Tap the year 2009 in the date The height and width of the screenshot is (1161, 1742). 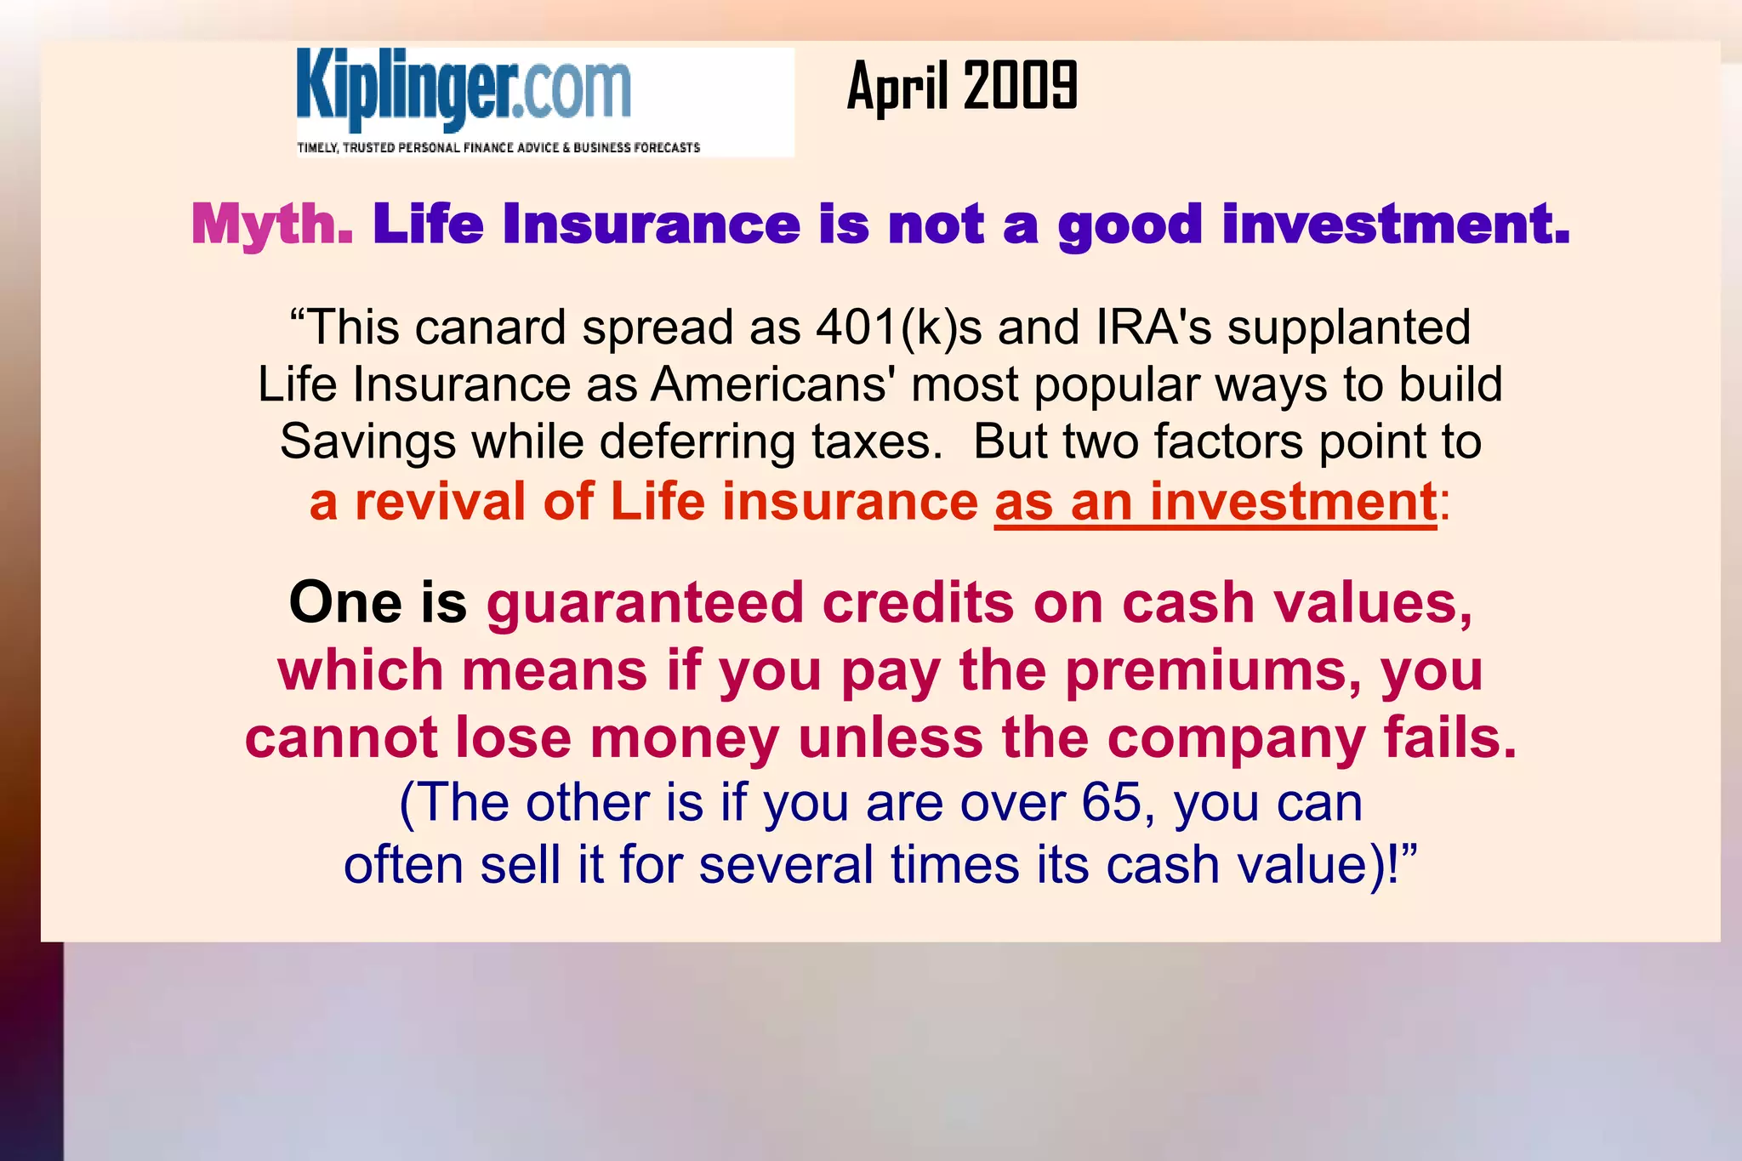(x=1022, y=86)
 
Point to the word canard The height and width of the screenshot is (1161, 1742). (x=490, y=327)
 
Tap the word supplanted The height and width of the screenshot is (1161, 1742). (x=1349, y=327)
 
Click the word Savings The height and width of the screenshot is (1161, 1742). (x=367, y=441)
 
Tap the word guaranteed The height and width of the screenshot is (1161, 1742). (x=645, y=603)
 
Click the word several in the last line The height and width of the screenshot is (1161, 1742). (x=787, y=865)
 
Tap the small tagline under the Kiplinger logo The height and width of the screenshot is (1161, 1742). (x=498, y=148)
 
